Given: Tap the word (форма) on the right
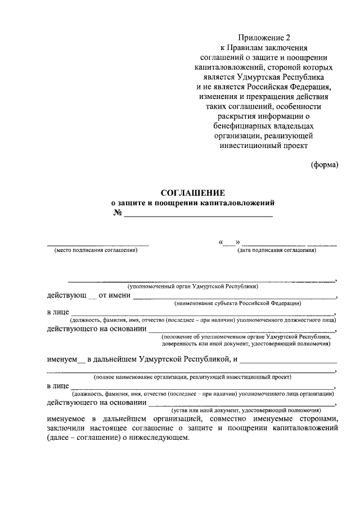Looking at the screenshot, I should pyautogui.click(x=325, y=164).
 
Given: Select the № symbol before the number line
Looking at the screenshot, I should pyautogui.click(x=118, y=213).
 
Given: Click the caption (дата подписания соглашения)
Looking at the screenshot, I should pyautogui.click(x=277, y=250).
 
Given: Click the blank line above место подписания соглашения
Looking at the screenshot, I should pyautogui.click(x=98, y=245).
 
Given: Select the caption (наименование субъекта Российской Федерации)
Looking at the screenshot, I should pyautogui.click(x=237, y=303).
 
